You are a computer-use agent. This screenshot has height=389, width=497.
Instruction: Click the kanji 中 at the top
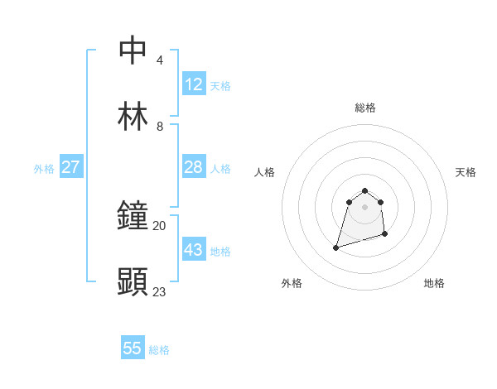click(133, 50)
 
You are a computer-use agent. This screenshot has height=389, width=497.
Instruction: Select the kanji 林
click(133, 117)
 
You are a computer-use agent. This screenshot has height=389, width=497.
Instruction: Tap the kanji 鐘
click(133, 216)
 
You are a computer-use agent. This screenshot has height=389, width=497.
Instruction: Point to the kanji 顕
click(133, 283)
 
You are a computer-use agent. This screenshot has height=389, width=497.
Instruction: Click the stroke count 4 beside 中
click(160, 60)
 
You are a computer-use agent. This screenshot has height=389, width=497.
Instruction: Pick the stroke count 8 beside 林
click(160, 127)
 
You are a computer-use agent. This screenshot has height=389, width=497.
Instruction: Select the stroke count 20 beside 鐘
click(159, 225)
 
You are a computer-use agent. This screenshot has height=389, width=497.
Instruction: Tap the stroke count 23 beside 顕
click(159, 291)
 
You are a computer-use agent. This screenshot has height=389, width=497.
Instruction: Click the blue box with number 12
click(194, 84)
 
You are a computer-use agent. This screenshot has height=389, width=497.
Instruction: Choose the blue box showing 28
click(194, 167)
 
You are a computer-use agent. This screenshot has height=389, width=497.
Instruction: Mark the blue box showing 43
click(194, 250)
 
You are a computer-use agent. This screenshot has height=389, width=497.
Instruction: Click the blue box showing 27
click(71, 167)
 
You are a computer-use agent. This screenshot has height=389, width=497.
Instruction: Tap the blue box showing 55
click(133, 348)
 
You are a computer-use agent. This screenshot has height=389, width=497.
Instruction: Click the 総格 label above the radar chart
click(365, 108)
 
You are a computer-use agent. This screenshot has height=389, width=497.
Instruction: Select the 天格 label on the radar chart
click(466, 172)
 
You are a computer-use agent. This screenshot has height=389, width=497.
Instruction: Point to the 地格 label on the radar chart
click(434, 283)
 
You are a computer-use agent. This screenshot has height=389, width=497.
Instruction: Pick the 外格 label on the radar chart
click(292, 283)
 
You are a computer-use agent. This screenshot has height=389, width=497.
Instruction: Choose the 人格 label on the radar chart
click(265, 172)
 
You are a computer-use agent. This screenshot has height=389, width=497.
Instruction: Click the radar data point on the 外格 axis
click(336, 247)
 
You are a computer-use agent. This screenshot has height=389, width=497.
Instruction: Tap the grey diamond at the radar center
click(364, 207)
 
